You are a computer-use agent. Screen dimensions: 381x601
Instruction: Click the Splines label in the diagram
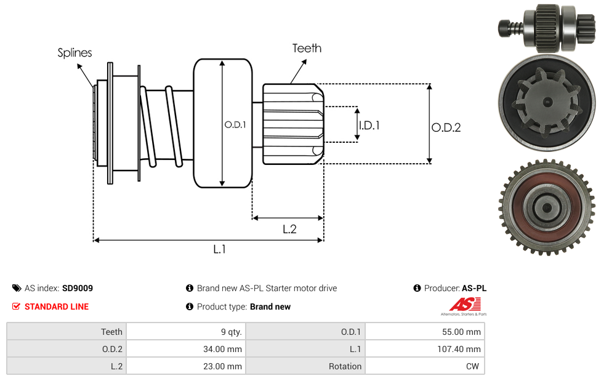tap(75, 53)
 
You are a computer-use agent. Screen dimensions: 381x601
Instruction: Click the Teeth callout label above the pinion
tap(307, 48)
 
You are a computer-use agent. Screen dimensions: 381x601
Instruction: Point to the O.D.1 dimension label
tap(235, 124)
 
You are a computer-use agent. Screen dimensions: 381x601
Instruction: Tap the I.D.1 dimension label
tap(369, 125)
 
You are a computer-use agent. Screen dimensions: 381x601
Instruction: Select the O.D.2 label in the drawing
tap(446, 127)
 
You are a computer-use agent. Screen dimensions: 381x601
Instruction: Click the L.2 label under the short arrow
tap(289, 229)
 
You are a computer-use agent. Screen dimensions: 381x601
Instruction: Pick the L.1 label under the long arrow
tap(220, 249)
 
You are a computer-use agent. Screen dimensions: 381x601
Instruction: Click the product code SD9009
tap(78, 287)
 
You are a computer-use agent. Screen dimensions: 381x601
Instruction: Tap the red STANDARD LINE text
tap(57, 307)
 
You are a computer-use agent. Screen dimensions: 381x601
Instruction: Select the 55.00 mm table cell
tap(424, 332)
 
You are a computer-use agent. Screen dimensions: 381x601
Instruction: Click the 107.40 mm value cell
tap(424, 349)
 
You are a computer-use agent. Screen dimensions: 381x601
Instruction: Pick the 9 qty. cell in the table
tap(185, 332)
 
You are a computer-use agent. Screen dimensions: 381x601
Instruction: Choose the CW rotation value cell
tap(424, 366)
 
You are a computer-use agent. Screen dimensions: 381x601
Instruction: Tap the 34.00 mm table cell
tap(185, 349)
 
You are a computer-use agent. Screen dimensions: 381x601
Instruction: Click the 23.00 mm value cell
tap(185, 366)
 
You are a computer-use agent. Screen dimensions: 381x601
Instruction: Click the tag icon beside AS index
tap(17, 288)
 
